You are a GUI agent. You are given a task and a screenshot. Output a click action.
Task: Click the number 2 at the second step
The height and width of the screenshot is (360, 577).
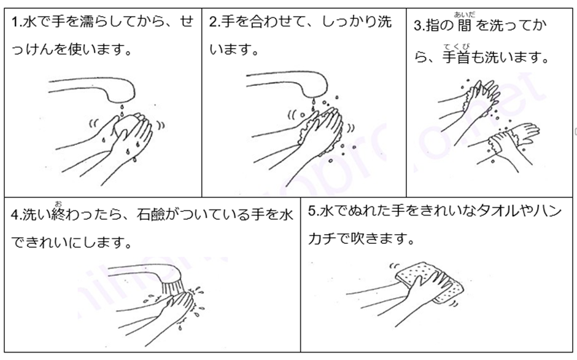click(x=213, y=22)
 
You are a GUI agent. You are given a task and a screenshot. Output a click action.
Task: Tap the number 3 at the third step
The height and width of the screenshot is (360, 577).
click(x=417, y=26)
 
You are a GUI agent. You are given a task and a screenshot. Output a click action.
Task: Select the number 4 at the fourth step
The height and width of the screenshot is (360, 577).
click(x=15, y=215)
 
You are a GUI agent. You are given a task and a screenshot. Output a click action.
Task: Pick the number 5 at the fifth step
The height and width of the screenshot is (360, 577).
click(x=312, y=211)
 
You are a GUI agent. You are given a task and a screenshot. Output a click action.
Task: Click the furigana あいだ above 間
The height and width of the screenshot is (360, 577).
click(x=465, y=14)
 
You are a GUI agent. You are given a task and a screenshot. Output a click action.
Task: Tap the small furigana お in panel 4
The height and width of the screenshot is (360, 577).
click(x=58, y=204)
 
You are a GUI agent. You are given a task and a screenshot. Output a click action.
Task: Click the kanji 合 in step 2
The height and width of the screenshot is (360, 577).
click(x=257, y=22)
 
